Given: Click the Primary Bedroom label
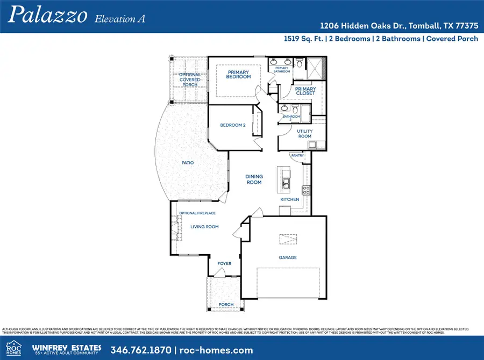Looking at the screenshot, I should pyautogui.click(x=239, y=74).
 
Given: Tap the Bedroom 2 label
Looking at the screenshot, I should pyautogui.click(x=233, y=125).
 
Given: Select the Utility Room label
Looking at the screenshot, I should pyautogui.click(x=304, y=134).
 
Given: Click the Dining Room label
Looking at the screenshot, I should pyautogui.click(x=254, y=179).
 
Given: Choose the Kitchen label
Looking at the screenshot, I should pyautogui.click(x=289, y=199).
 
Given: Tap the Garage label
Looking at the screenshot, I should pyautogui.click(x=288, y=257).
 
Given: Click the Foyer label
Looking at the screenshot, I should pyautogui.click(x=224, y=264).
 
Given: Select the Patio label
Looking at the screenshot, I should pyautogui.click(x=187, y=163).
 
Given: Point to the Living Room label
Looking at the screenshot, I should pyautogui.click(x=204, y=227).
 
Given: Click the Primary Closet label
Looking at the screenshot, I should pyautogui.click(x=305, y=91).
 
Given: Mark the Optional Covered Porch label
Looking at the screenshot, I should pyautogui.click(x=190, y=80).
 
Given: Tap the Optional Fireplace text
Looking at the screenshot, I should pyautogui.click(x=198, y=213).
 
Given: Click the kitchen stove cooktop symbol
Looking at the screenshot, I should pyautogui.click(x=306, y=189).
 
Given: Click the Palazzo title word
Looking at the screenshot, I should pyautogui.click(x=47, y=16).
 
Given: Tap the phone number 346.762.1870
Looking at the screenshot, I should pyautogui.click(x=141, y=350).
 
